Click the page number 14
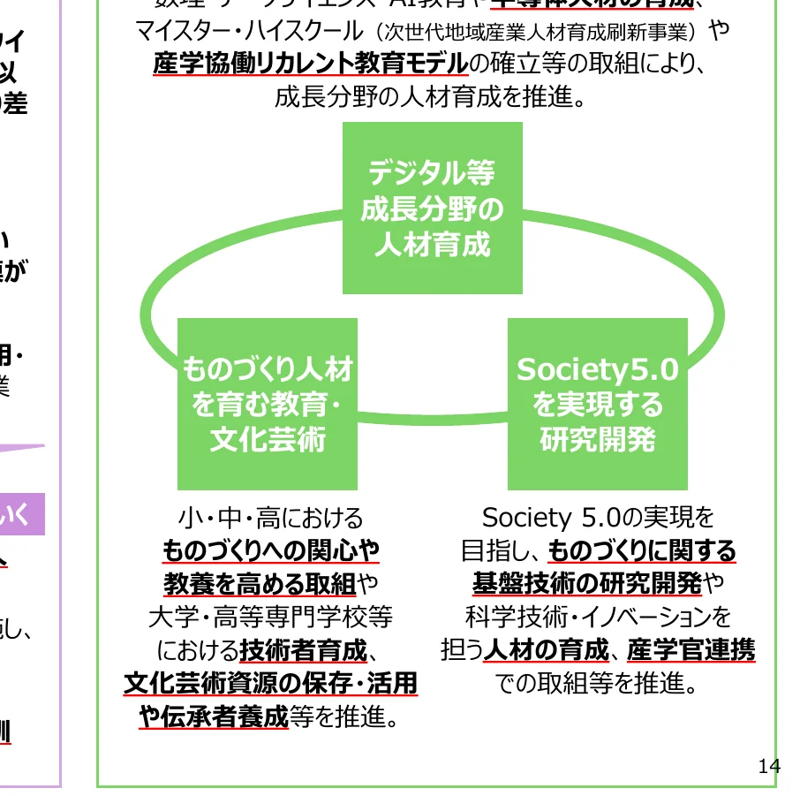tap(769, 766)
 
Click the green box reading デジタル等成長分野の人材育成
tap(433, 208)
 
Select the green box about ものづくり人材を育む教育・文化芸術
tap(268, 404)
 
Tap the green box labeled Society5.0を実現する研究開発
tap(598, 404)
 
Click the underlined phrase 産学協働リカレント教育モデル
tap(310, 64)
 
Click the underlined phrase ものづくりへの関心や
tap(271, 551)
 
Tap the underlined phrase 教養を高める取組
tap(260, 584)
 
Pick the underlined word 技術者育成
tap(303, 651)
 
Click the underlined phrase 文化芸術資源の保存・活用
tap(270, 684)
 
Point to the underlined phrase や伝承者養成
tap(214, 716)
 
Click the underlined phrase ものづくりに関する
tap(642, 551)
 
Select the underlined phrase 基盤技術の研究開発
tap(587, 584)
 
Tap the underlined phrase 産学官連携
tap(691, 651)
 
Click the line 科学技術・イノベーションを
tap(598, 617)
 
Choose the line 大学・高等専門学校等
tap(270, 617)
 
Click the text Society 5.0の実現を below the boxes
tap(598, 517)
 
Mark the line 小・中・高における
tap(270, 517)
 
